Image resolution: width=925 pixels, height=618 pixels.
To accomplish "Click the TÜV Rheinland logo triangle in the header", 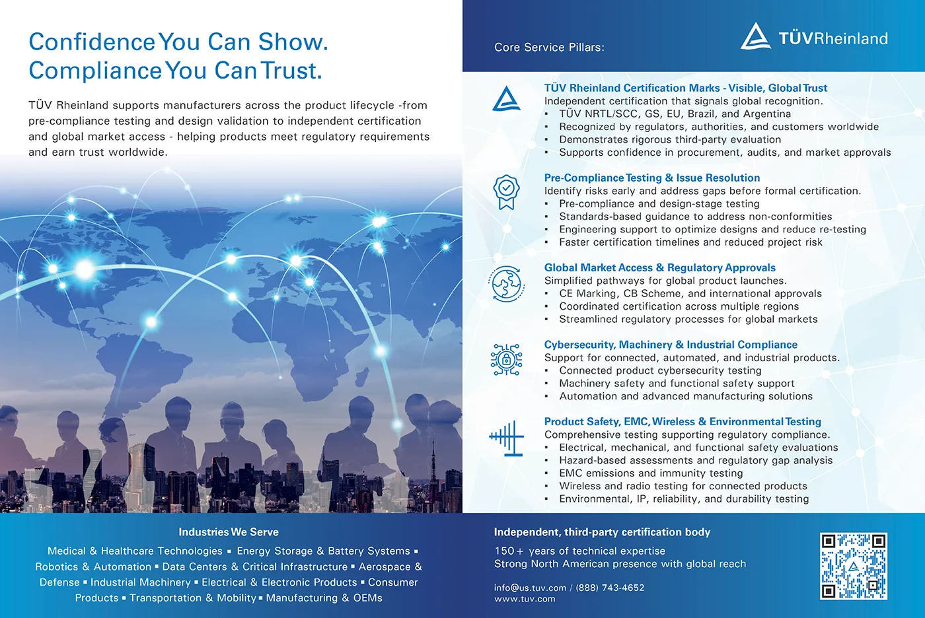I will point(756,37).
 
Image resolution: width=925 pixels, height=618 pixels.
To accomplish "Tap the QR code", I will point(853,566).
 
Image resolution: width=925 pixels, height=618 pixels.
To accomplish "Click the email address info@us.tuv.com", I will point(530,588).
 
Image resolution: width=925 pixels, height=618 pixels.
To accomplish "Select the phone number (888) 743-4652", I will point(610,588).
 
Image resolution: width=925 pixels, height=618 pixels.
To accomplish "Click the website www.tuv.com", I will point(525,600).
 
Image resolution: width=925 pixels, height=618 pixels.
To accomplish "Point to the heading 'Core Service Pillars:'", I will point(549,48).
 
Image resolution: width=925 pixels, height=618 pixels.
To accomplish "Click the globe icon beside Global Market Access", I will point(507,285).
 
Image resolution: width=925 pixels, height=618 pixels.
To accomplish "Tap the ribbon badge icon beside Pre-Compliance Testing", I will point(507,191).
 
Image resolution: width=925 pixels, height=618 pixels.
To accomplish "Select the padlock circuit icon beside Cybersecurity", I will point(507,360).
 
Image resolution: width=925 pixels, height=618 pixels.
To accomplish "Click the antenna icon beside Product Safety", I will point(507,438).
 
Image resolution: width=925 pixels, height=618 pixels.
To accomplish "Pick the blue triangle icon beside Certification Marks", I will point(507,100).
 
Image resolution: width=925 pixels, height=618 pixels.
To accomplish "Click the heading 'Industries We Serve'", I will point(229,532).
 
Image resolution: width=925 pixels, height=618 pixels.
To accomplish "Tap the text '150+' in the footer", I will point(509,551).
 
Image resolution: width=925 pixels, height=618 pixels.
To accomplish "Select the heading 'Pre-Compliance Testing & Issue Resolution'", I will point(651,178).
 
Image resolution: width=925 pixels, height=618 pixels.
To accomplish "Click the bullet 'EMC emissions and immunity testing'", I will point(651,473).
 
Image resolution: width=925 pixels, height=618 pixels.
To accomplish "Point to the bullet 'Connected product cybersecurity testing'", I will point(660,370).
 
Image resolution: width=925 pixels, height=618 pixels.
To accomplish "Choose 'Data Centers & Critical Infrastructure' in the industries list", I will point(254,566).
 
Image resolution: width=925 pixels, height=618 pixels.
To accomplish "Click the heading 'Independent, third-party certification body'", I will point(602,532).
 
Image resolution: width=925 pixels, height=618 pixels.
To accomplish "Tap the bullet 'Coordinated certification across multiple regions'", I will point(679,306).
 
